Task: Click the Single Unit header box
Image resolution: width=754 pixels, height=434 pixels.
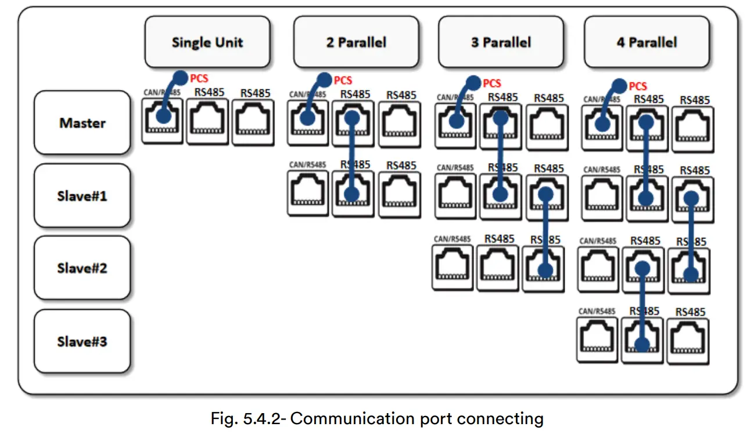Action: coord(207,42)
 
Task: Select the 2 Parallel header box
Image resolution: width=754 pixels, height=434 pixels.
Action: coord(356,42)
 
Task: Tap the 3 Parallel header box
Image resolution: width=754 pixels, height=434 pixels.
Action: coord(501,42)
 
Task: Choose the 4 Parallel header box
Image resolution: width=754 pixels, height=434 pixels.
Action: coord(647,42)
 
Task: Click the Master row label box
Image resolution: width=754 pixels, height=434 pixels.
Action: coord(82,123)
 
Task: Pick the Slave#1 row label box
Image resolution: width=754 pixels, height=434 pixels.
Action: coord(82,196)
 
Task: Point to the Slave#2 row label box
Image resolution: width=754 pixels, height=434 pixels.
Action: coord(82,268)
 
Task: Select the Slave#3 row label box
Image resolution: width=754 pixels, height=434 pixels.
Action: coord(82,341)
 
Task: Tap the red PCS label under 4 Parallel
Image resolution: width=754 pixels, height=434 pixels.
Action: coord(638,86)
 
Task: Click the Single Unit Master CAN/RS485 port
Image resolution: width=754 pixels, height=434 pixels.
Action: coord(162,121)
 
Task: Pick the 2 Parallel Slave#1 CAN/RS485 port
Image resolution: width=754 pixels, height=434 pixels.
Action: coord(308,193)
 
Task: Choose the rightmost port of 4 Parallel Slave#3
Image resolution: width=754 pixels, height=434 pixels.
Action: coord(688,341)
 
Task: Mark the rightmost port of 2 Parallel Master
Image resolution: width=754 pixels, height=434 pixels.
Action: coord(399,124)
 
